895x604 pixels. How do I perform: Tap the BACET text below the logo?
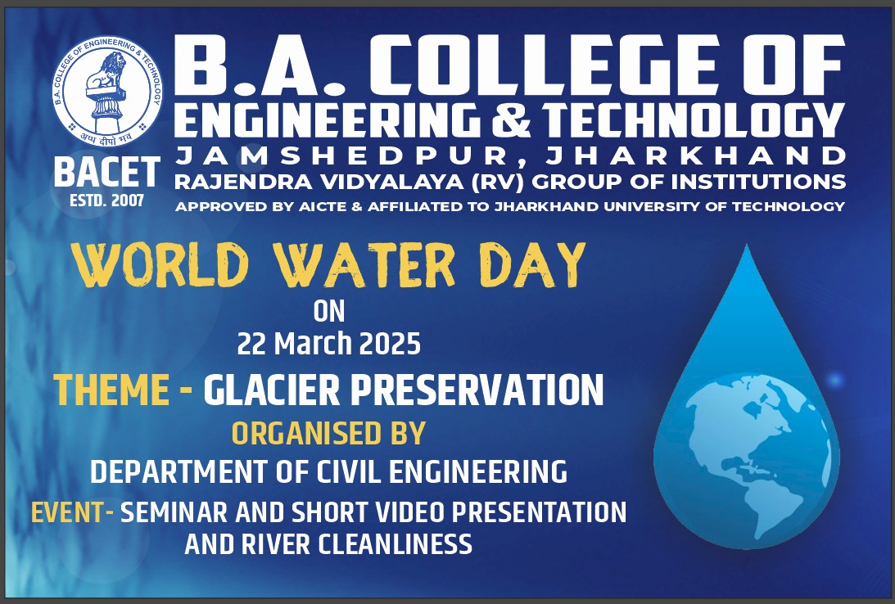pos(106,172)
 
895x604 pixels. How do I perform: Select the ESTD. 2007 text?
pos(106,201)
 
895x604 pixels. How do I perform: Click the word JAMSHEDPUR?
pos(342,155)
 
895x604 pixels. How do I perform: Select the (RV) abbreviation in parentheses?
pos(500,182)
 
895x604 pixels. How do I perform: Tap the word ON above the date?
pos(329,311)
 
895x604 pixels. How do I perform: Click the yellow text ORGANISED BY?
pos(328,433)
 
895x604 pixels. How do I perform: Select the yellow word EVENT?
pos(68,512)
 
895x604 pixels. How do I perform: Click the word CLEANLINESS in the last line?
pos(395,543)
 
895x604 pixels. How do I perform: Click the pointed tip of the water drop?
pos(747,245)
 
